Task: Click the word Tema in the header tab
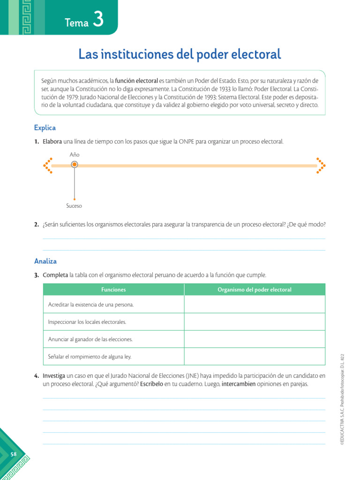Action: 77,23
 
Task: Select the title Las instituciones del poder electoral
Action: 180,54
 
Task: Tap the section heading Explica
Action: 45,127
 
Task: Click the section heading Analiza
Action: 45,261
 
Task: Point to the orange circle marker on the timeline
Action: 74,165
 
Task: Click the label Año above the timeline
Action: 74,154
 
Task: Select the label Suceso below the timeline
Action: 74,206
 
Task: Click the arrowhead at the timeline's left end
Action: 47,165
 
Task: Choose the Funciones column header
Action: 113,290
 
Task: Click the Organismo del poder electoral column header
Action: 255,290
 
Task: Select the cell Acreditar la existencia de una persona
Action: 91,305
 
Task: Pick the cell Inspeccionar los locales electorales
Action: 87,322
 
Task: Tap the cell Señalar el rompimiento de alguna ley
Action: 90,356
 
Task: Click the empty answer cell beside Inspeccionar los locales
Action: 255,322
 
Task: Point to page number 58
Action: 14,454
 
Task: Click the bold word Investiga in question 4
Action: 54,376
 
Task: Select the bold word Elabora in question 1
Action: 52,141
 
